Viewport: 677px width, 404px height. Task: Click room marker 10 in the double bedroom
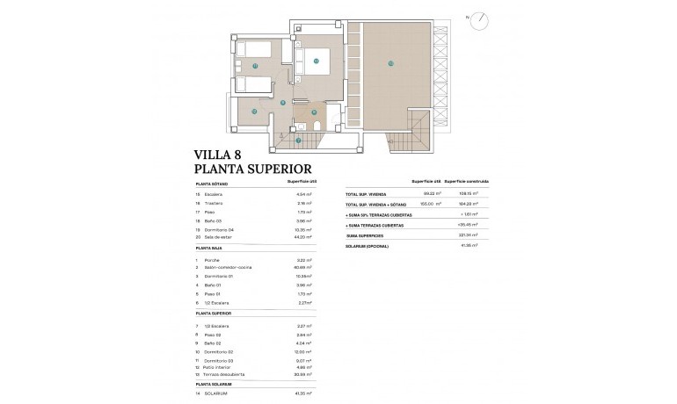[316, 61]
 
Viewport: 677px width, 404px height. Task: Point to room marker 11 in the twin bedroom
[255, 66]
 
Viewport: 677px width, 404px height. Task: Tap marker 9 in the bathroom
[314, 112]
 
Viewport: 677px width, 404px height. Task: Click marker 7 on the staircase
[298, 140]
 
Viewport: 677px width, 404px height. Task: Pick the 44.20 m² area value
[304, 237]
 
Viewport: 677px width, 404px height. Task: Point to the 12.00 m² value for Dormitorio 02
[304, 350]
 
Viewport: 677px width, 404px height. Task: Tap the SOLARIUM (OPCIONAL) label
[367, 246]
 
